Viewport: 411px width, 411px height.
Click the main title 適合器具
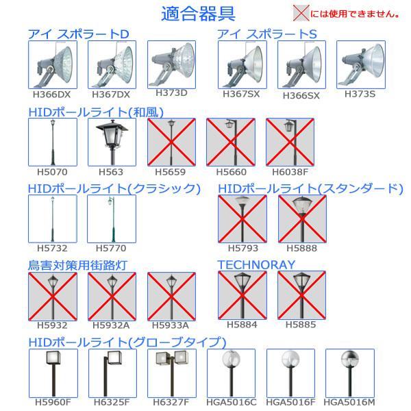(198, 14)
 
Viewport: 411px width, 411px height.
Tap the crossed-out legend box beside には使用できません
(301, 13)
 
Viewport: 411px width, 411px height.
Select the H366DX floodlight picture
(53, 65)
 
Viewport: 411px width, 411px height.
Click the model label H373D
(171, 92)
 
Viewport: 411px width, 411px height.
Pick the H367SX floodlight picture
(242, 65)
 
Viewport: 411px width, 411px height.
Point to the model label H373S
(360, 94)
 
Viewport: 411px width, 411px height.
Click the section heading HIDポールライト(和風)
(96, 112)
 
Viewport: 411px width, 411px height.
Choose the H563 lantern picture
(112, 142)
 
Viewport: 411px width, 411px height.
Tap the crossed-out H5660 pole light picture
(231, 142)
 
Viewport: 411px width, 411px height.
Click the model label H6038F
(290, 172)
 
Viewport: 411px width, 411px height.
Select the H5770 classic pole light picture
(112, 219)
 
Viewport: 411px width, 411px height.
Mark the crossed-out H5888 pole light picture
(302, 219)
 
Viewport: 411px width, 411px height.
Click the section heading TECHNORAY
(256, 264)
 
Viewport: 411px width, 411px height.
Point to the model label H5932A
(111, 325)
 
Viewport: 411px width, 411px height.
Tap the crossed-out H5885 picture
(301, 295)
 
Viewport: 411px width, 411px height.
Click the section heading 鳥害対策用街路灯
(77, 265)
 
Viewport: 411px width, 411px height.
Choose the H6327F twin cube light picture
(172, 373)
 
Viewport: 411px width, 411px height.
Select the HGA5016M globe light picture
(350, 373)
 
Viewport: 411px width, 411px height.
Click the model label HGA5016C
(232, 402)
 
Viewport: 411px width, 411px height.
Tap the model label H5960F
(53, 402)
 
